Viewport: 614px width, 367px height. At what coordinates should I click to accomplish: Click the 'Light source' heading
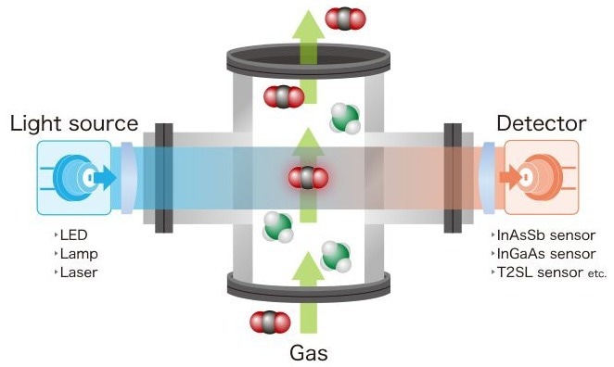click(74, 123)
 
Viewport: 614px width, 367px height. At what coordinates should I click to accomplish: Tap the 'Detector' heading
click(542, 123)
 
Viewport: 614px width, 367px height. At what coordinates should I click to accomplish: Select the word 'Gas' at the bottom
click(309, 352)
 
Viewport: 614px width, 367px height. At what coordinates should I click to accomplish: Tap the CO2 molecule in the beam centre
click(308, 177)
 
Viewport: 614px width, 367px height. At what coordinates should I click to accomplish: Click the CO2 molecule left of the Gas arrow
click(270, 323)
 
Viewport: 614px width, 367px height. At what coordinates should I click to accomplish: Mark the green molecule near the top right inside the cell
click(344, 118)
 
